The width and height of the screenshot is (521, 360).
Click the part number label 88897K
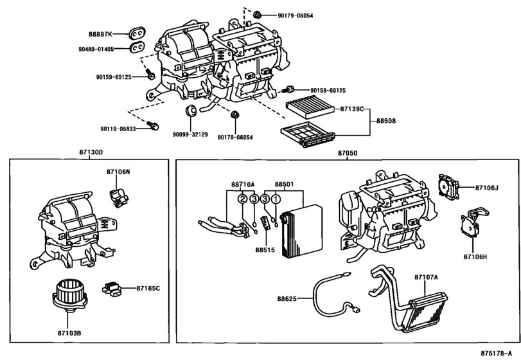[100, 33]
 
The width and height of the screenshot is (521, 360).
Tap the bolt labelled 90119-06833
[153, 125]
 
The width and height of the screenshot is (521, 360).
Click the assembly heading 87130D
[91, 151]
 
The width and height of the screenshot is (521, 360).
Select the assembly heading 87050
[348, 154]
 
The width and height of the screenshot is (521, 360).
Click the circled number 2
[242, 199]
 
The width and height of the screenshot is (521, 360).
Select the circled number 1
[276, 199]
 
